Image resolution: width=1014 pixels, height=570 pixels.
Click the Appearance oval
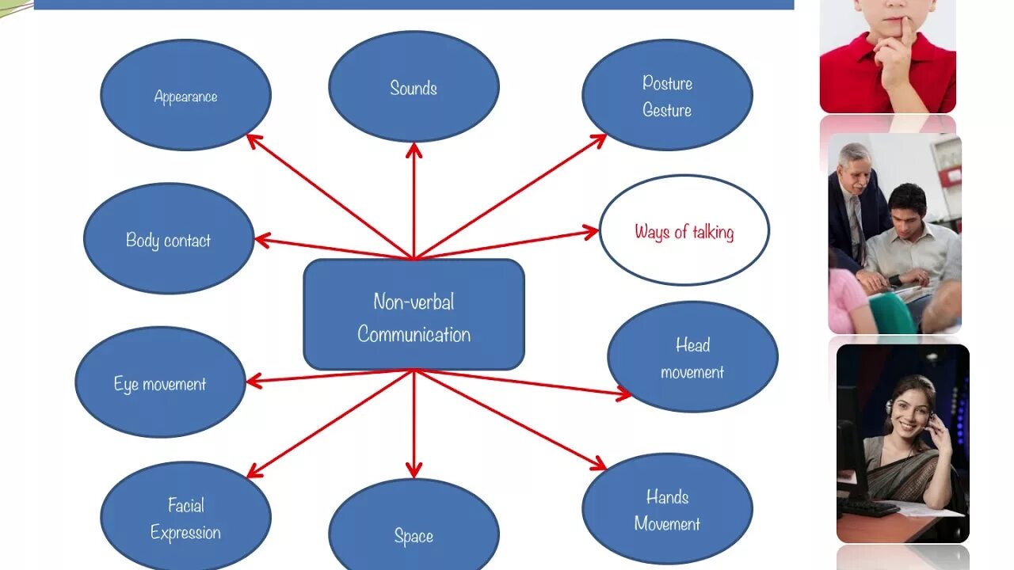(185, 95)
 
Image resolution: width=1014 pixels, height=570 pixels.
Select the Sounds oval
(414, 87)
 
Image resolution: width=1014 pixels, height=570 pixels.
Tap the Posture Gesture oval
(667, 95)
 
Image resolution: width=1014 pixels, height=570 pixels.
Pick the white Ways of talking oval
(684, 230)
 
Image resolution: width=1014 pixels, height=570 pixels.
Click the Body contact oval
(169, 239)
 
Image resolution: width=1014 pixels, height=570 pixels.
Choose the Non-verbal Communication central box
(414, 315)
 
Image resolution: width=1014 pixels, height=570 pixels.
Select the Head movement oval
(692, 357)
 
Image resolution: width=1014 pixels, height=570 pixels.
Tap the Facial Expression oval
(185, 518)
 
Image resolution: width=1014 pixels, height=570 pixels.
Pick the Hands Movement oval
(667, 509)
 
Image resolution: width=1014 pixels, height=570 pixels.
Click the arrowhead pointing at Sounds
(414, 149)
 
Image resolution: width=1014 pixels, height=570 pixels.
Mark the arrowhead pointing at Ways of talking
(591, 232)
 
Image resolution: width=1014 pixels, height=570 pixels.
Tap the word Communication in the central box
(414, 334)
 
